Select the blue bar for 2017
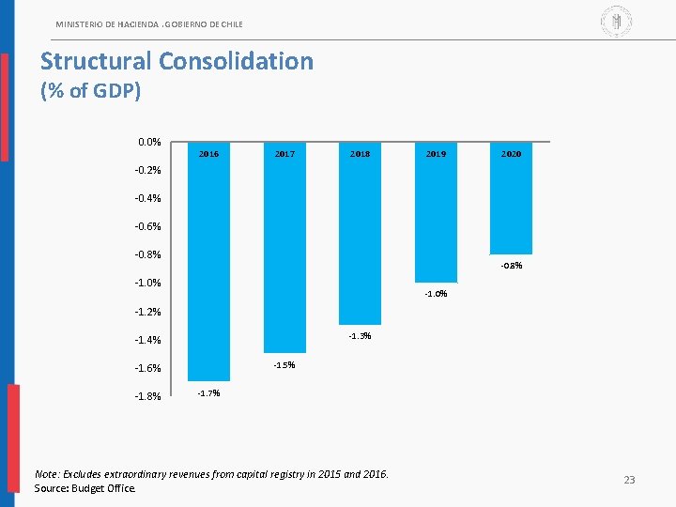(284, 253)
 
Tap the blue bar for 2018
(360, 239)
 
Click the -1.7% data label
(208, 393)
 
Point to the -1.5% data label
(284, 365)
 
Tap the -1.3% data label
(360, 336)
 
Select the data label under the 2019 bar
(436, 294)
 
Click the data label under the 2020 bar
(512, 266)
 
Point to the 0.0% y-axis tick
(149, 142)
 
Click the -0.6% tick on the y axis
(146, 226)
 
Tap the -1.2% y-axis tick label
(146, 312)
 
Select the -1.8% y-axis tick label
(146, 396)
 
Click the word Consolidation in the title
(236, 62)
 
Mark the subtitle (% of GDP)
(90, 92)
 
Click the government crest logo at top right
(616, 20)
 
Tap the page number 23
(629, 481)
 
